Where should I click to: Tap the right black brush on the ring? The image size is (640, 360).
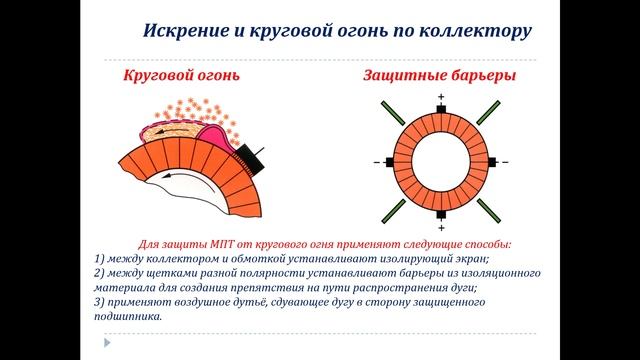[493, 161]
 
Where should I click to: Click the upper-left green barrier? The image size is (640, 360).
[393, 113]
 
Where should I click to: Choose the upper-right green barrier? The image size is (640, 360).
[488, 113]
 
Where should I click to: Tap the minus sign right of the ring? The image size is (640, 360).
[505, 161]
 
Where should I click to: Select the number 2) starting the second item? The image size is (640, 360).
[101, 273]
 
